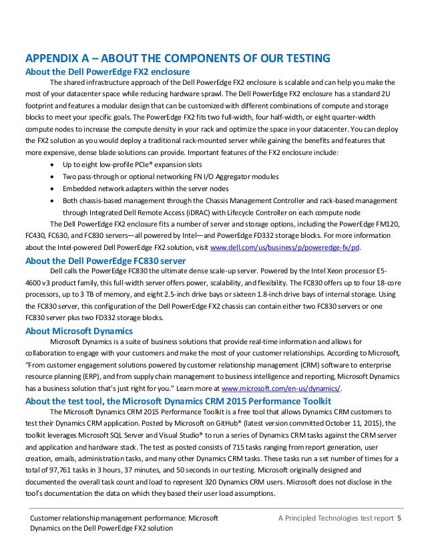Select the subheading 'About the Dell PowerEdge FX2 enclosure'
point(108,72)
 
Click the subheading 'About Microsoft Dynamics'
point(79,331)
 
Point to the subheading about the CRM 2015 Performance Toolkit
point(178,401)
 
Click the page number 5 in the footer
point(399,518)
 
